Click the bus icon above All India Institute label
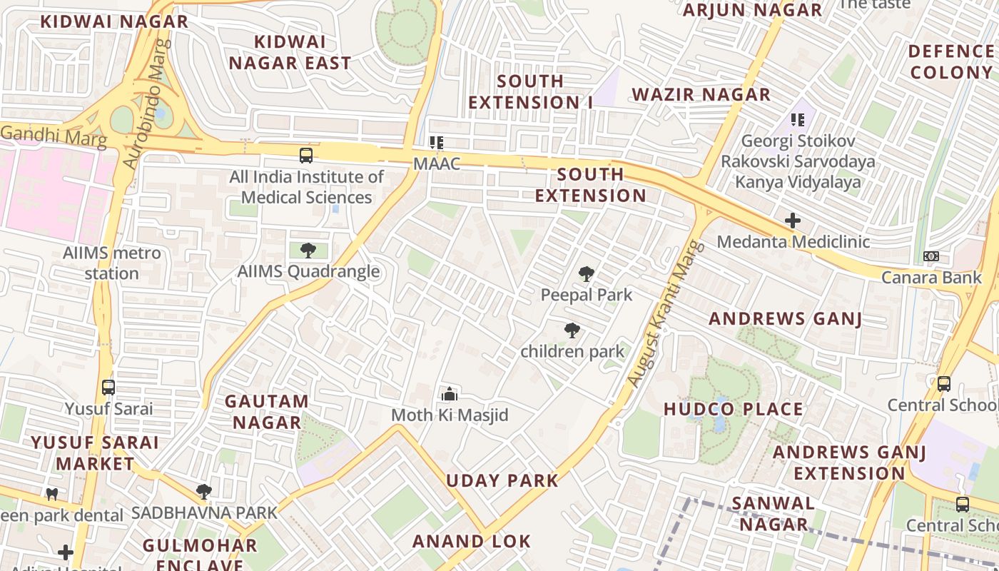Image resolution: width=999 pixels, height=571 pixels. pyautogui.click(x=306, y=155)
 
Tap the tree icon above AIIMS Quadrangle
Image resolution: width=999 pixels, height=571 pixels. pyautogui.click(x=308, y=251)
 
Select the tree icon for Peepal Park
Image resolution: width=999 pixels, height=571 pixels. pyautogui.click(x=587, y=274)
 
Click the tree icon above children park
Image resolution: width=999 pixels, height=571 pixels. pyautogui.click(x=572, y=330)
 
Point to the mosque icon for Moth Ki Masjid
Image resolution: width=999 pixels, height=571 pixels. pyautogui.click(x=450, y=394)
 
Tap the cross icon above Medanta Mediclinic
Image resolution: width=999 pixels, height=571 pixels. pyautogui.click(x=793, y=221)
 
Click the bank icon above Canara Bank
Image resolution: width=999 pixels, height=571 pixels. pyautogui.click(x=931, y=256)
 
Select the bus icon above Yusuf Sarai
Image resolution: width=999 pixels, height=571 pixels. pyautogui.click(x=108, y=388)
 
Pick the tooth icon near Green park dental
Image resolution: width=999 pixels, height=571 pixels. pyautogui.click(x=51, y=494)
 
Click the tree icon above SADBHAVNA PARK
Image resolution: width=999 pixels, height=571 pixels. pyautogui.click(x=204, y=492)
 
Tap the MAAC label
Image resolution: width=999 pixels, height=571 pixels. pyautogui.click(x=436, y=163)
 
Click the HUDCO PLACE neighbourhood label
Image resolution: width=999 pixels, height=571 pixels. pyautogui.click(x=734, y=409)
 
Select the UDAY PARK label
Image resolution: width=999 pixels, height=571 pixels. pyautogui.click(x=502, y=480)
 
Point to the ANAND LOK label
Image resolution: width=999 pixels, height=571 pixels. pyautogui.click(x=472, y=542)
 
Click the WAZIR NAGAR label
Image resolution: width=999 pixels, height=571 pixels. pyautogui.click(x=701, y=94)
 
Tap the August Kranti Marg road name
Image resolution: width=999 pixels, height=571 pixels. pyautogui.click(x=665, y=315)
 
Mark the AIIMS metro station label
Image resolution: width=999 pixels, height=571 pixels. pyautogui.click(x=111, y=263)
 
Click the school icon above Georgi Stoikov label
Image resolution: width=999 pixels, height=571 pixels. pyautogui.click(x=798, y=120)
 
